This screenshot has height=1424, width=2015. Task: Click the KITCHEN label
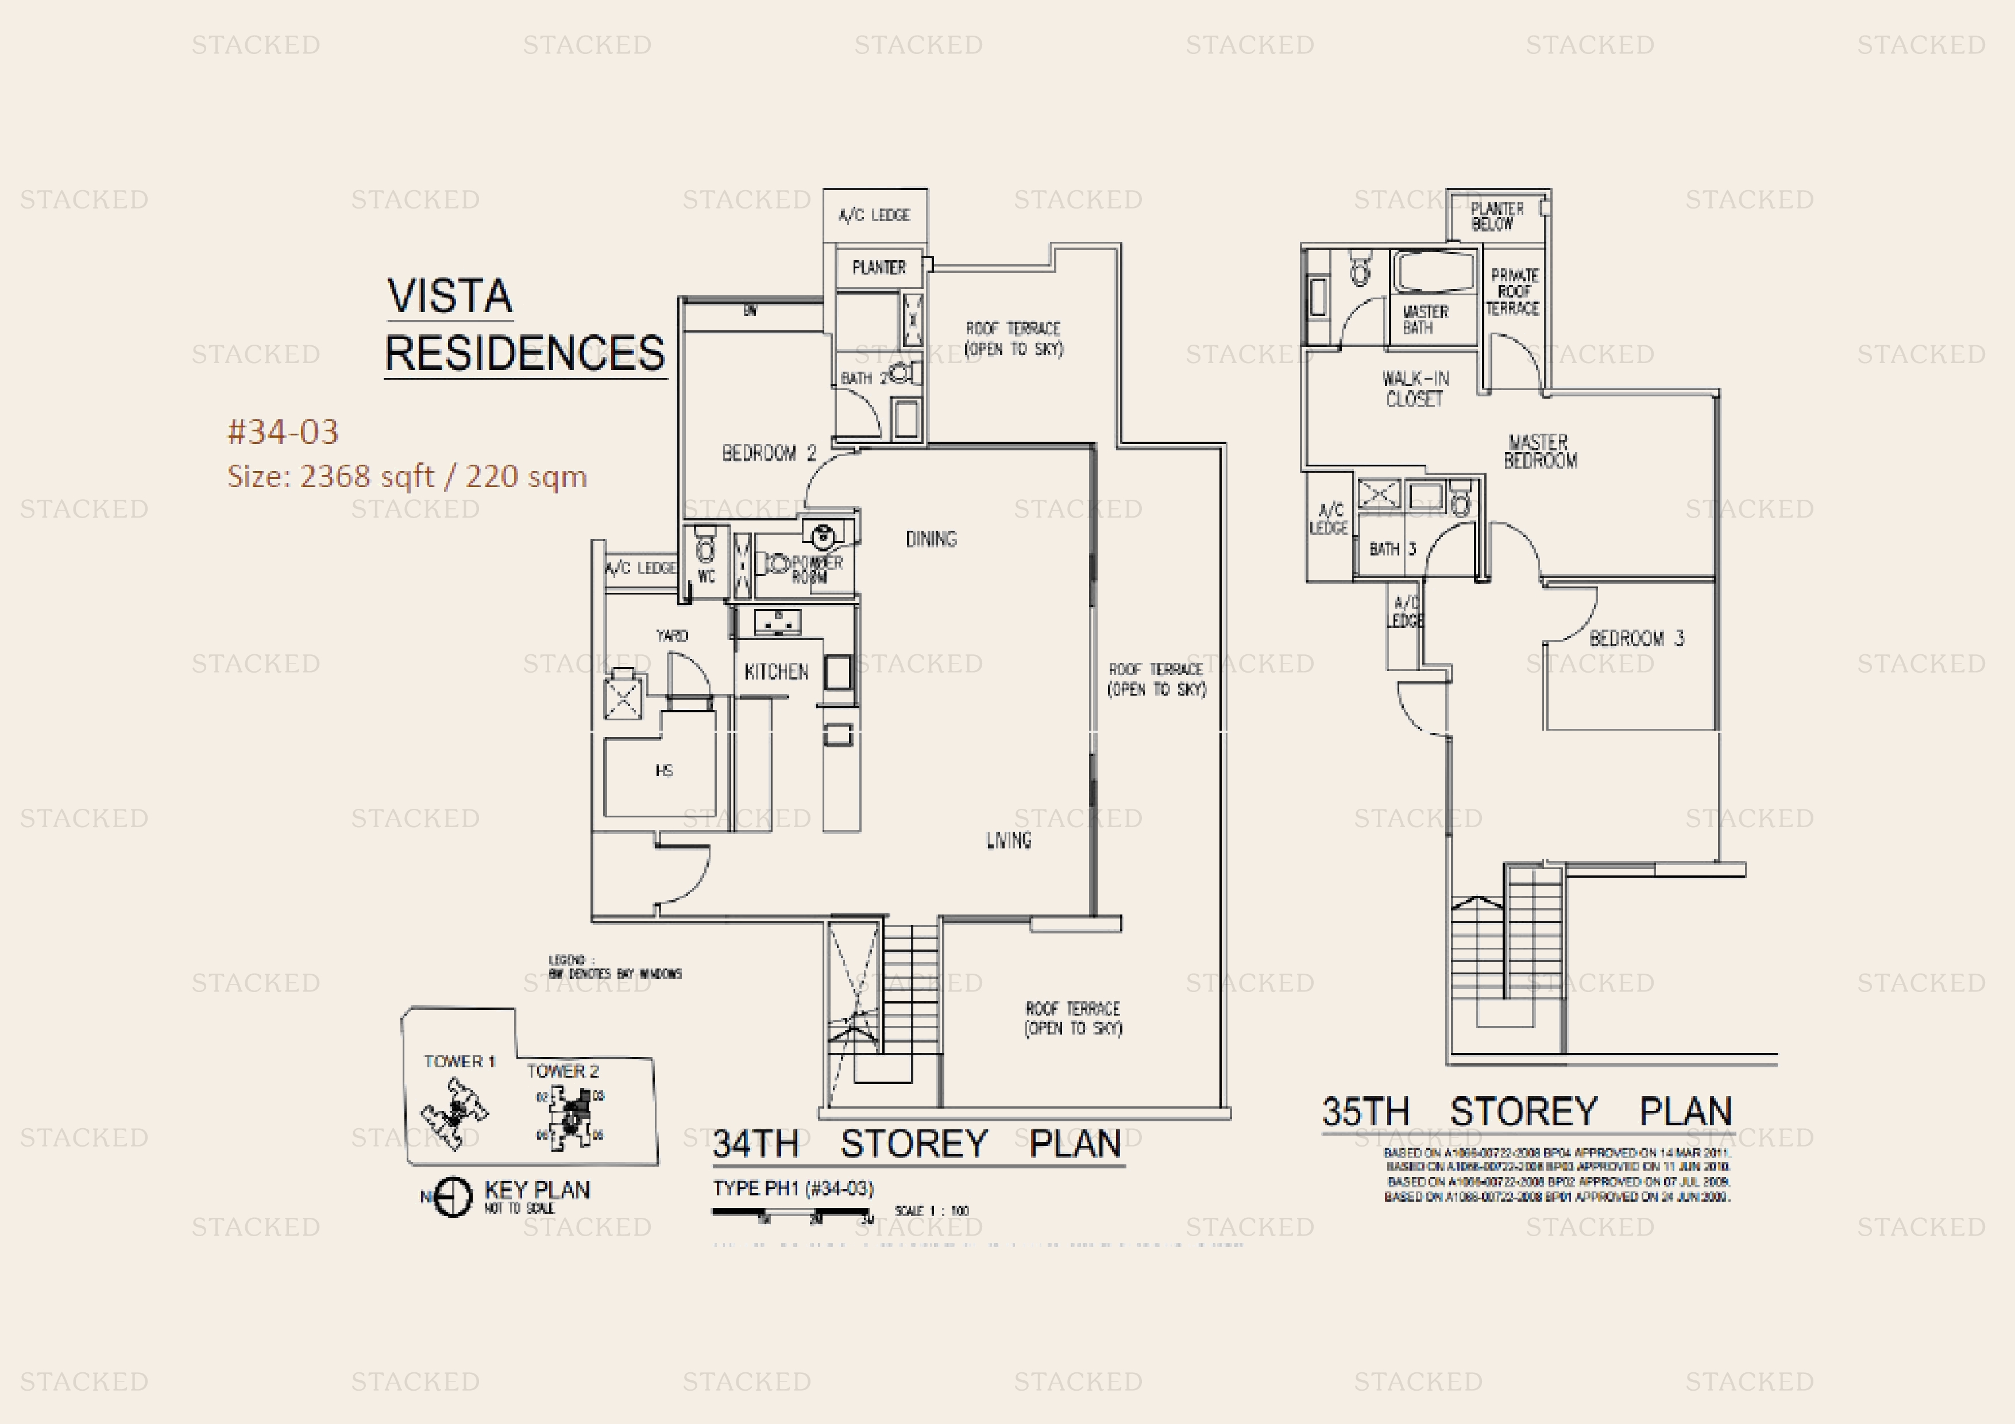[776, 672]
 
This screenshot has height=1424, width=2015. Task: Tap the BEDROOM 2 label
[769, 453]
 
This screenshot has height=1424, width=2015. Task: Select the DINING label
[931, 539]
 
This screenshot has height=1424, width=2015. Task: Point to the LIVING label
[1009, 840]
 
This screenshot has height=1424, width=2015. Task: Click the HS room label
[665, 770]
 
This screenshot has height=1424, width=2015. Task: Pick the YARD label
[671, 635]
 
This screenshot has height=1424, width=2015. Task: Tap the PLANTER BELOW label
[1496, 216]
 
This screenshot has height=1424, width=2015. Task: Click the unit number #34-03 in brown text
[283, 431]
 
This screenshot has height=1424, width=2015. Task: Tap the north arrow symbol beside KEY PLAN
[453, 1197]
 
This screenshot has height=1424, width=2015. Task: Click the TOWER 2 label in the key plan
[562, 1071]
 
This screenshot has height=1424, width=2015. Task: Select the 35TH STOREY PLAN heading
[1527, 1112]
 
